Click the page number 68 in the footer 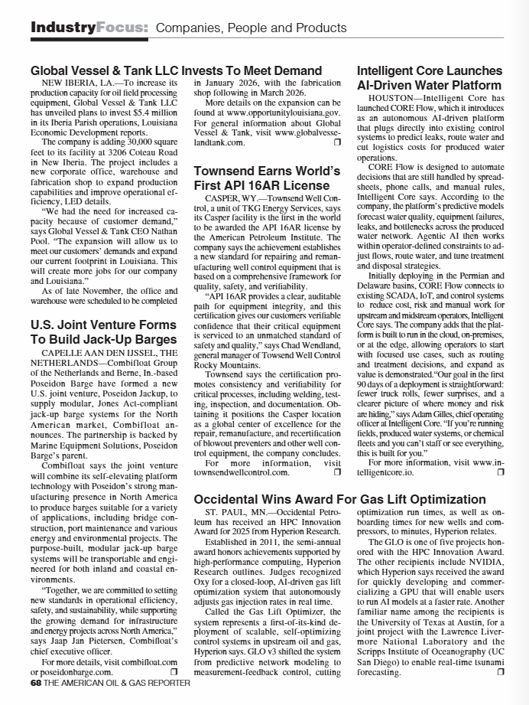[37, 682]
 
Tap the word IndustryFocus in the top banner [89, 28]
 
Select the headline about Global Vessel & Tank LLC [176, 70]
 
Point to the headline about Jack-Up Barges [103, 331]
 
